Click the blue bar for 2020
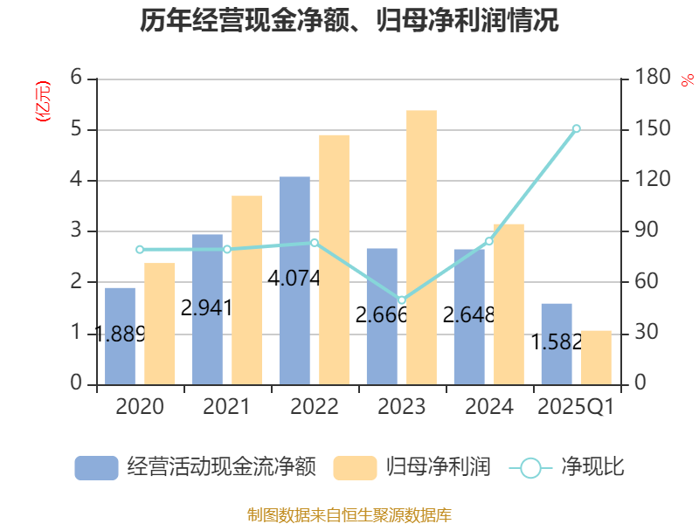coord(121,336)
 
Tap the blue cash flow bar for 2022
coord(294,280)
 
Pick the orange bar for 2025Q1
coord(596,357)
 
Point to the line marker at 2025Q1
coord(576,128)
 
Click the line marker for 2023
coord(402,300)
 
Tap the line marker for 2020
coord(140,250)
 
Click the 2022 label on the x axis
coord(315,407)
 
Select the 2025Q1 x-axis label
coord(576,407)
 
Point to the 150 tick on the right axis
coord(653,129)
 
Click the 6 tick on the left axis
coord(76,79)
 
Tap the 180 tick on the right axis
coord(653,79)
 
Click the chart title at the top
coord(349,20)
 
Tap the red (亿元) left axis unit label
coord(42,100)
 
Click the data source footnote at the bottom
coord(349,514)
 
